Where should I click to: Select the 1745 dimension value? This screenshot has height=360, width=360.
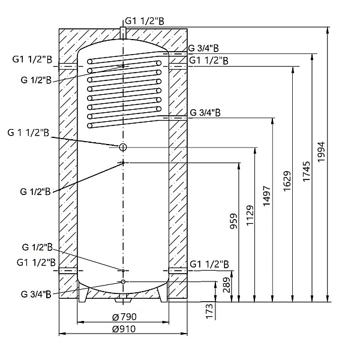[305, 173]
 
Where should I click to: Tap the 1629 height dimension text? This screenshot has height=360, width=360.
[286, 182]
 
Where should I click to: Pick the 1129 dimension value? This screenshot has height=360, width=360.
[250, 215]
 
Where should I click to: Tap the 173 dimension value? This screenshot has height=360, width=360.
[209, 312]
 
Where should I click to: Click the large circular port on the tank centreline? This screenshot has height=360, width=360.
[122, 147]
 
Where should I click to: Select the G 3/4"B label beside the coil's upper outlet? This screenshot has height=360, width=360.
[203, 48]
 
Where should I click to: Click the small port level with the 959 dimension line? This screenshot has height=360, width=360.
[122, 163]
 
